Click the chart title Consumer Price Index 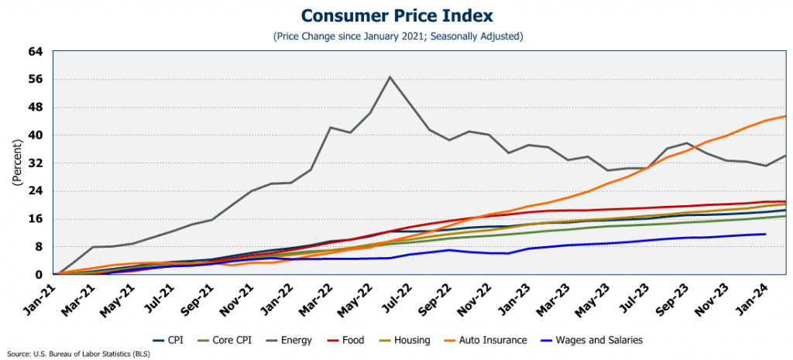(x=396, y=15)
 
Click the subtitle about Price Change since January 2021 (x=396, y=36)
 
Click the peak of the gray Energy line (x=390, y=77)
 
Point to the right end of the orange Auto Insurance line (x=786, y=116)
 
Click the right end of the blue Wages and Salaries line (x=765, y=234)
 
